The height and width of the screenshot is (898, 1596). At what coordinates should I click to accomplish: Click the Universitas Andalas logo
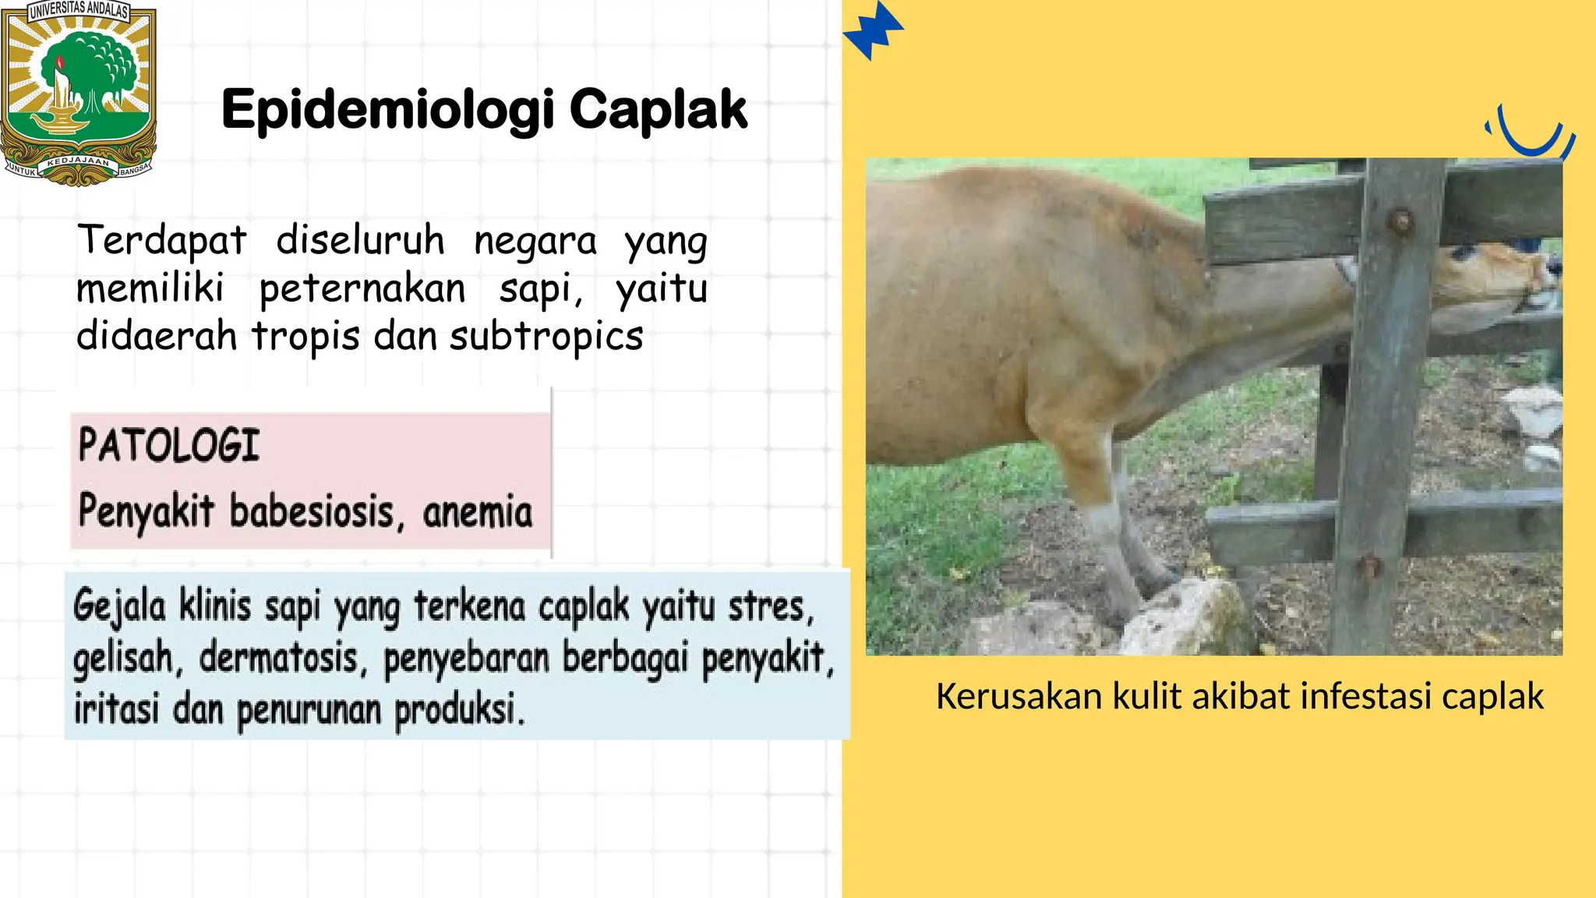coord(78,92)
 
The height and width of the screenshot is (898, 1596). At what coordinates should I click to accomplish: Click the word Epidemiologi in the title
coord(387,110)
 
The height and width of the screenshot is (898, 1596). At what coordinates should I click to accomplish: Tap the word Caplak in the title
coord(659,110)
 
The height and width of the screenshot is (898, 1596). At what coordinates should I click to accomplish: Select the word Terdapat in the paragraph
coord(162,240)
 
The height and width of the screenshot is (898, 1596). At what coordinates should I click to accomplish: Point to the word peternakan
coord(362,289)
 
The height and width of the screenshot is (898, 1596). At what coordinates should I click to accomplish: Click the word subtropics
coord(546,337)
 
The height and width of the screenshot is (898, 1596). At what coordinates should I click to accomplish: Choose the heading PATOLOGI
coord(168,446)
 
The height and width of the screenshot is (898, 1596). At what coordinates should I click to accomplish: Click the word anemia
coord(478,512)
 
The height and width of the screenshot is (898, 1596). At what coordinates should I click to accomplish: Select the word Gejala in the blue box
coord(119,606)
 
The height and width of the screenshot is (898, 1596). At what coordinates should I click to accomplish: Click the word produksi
coord(458,709)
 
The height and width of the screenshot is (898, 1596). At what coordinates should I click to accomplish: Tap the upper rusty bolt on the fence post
coord(1400,221)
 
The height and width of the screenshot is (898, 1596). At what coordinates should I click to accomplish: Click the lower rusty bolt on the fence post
coord(1368,565)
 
